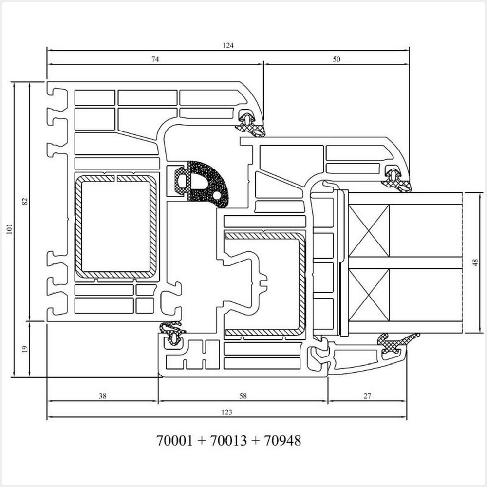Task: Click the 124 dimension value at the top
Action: pos(228,45)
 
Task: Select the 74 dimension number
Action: pos(155,59)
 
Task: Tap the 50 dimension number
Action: pos(337,59)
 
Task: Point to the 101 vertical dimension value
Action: pos(10,229)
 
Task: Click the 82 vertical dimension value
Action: pos(25,200)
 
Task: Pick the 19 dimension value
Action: pos(25,349)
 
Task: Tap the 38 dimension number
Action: pos(102,396)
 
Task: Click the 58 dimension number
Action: pos(243,396)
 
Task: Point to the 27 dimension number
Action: pos(367,396)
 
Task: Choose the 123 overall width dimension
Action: pos(226,412)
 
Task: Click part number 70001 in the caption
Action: pos(175,441)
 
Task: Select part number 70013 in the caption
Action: pos(229,441)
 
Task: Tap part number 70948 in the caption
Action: pos(282,441)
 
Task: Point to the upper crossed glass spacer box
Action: pos(369,230)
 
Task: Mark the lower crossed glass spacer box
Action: pos(369,295)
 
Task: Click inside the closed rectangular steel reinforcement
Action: pos(116,226)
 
